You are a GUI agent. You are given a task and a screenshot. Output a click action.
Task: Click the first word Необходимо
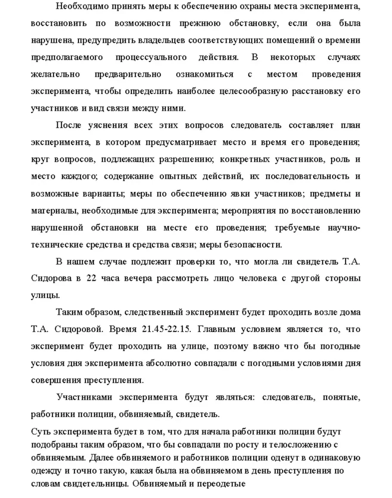tap(81, 6)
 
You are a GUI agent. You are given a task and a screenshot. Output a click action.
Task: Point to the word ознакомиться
tap(205, 74)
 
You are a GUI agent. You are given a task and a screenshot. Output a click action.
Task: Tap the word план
tap(350, 125)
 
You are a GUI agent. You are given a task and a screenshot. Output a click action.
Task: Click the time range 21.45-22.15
tap(166, 329)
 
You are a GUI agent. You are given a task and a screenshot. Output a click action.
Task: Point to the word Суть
tap(41, 432)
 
